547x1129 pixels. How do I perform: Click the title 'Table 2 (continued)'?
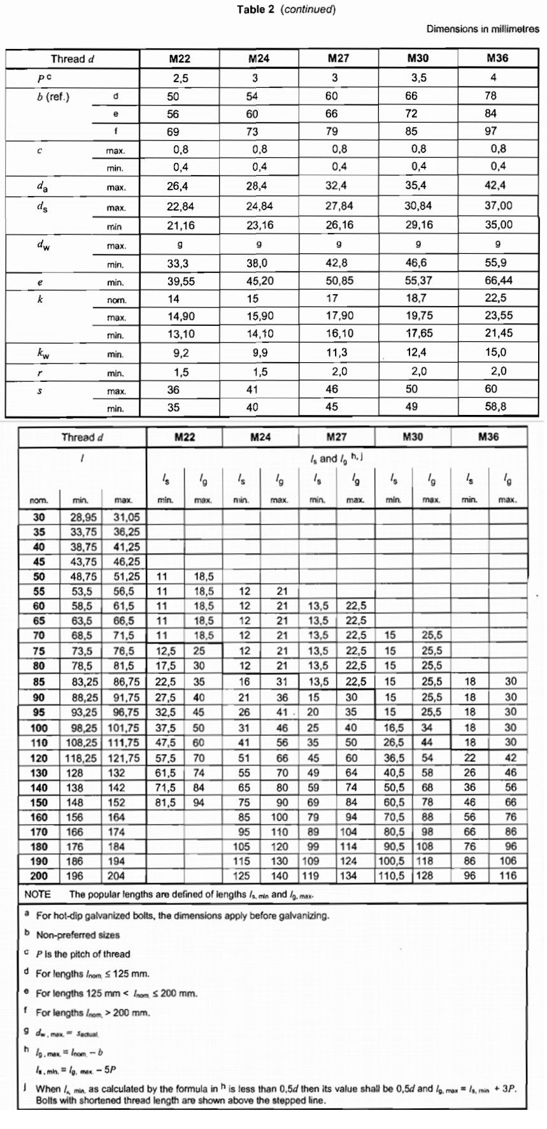(x=286, y=9)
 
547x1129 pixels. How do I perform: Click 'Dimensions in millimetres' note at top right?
(x=482, y=29)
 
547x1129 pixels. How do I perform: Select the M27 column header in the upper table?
(x=338, y=59)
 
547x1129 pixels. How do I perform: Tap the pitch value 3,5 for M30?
(x=418, y=78)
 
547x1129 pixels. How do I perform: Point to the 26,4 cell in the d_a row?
(x=173, y=186)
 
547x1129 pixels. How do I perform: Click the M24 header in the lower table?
(x=260, y=437)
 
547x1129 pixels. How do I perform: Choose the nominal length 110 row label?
(x=39, y=742)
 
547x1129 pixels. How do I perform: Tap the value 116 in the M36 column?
(x=508, y=876)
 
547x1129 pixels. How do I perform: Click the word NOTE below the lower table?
(x=38, y=894)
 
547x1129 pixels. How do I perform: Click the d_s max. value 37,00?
(x=498, y=206)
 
